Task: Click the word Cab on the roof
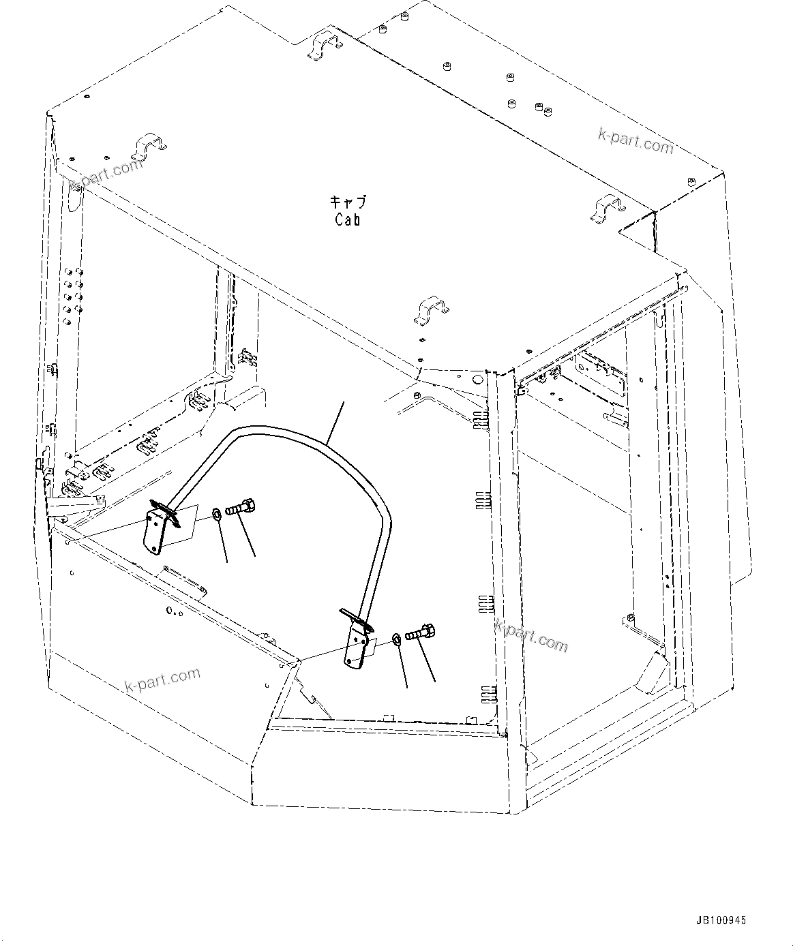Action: (x=348, y=219)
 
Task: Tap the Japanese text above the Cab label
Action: (x=348, y=202)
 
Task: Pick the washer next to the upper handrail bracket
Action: (x=215, y=511)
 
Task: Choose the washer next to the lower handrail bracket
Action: (x=395, y=639)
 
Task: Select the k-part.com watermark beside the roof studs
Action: (x=635, y=140)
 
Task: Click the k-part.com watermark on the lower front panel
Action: (x=163, y=680)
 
